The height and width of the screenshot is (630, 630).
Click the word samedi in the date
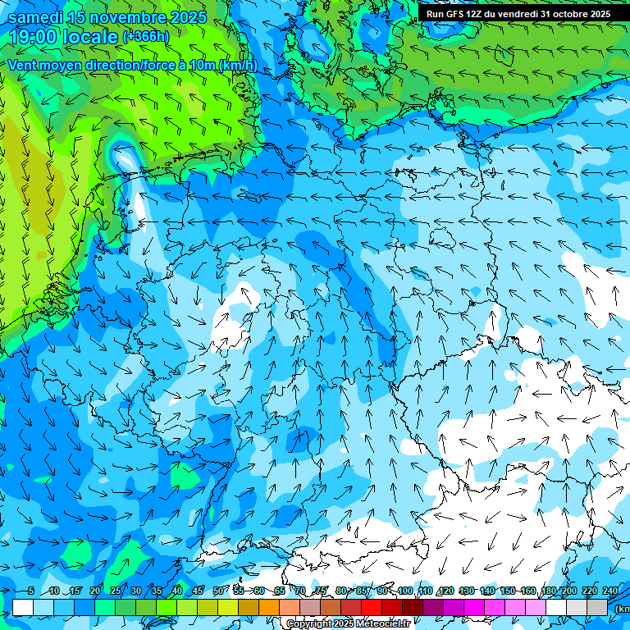pyautogui.click(x=35, y=17)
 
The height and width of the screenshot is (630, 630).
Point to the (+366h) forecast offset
pyautogui.click(x=146, y=37)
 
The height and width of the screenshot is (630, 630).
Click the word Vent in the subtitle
pyautogui.click(x=24, y=66)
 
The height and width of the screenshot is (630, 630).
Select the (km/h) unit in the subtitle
pyautogui.click(x=237, y=66)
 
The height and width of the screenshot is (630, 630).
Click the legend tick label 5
pyautogui.click(x=31, y=591)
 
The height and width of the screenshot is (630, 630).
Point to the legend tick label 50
pyautogui.click(x=217, y=591)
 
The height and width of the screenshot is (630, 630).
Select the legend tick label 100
pyautogui.click(x=404, y=591)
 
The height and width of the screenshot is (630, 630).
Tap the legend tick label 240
pyautogui.click(x=610, y=591)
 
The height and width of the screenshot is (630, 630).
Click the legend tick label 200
pyautogui.click(x=569, y=591)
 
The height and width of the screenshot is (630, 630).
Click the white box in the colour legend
pyautogui.click(x=23, y=607)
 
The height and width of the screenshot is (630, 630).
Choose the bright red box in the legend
pyautogui.click(x=372, y=607)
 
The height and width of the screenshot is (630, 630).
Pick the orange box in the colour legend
pyautogui.click(x=269, y=607)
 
